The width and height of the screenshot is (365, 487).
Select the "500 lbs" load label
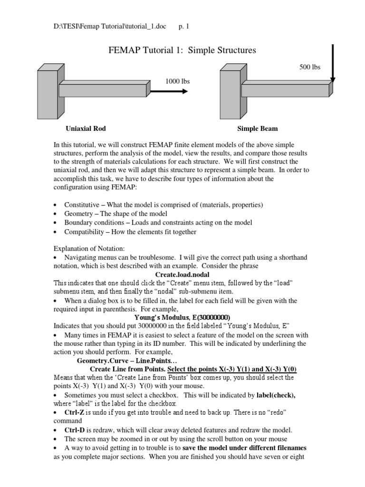[309, 67]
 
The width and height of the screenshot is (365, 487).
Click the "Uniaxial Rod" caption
[86, 128]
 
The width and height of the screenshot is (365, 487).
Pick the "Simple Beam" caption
[258, 128]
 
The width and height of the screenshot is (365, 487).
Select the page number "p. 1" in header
[183, 27]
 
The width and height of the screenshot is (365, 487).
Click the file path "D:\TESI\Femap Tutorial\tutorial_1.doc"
[110, 27]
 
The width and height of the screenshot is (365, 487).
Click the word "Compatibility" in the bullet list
[84, 232]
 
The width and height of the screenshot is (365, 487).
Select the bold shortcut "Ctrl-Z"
[75, 412]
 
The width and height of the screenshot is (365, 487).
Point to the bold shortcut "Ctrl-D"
[75, 429]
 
